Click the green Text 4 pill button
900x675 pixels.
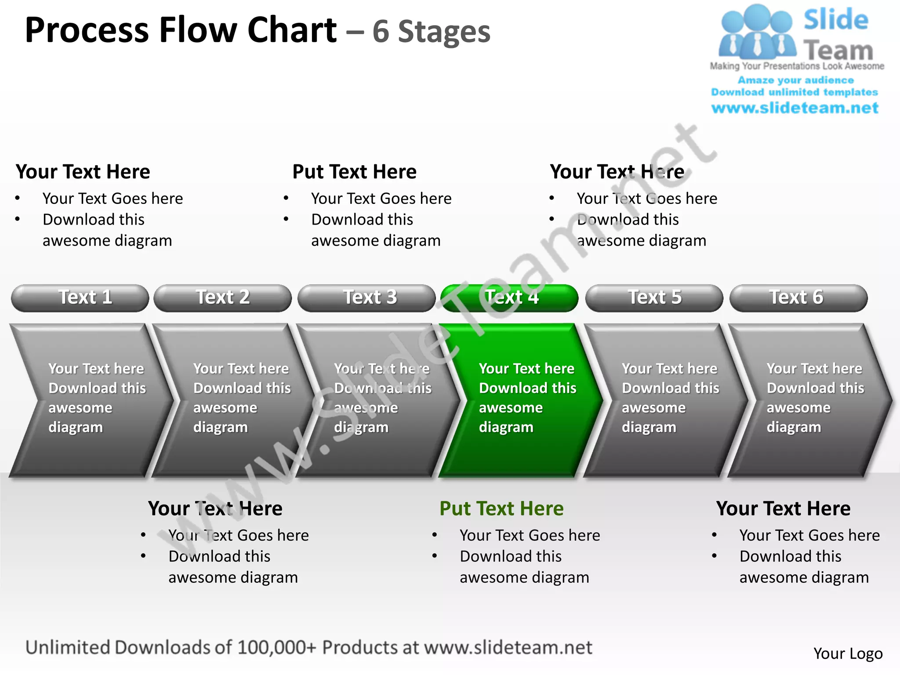510,298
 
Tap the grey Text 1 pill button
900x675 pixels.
80,298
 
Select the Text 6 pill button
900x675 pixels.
798,298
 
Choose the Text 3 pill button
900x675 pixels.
367,298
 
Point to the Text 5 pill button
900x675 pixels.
654,298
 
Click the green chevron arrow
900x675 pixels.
519,400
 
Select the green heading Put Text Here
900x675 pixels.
501,509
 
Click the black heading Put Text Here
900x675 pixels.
354,172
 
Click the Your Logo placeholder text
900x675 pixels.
848,653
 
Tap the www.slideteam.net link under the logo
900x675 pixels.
795,108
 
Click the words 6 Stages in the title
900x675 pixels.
431,32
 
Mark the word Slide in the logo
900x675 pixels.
836,20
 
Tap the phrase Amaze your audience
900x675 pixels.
795,80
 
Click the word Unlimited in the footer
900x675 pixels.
67,648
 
